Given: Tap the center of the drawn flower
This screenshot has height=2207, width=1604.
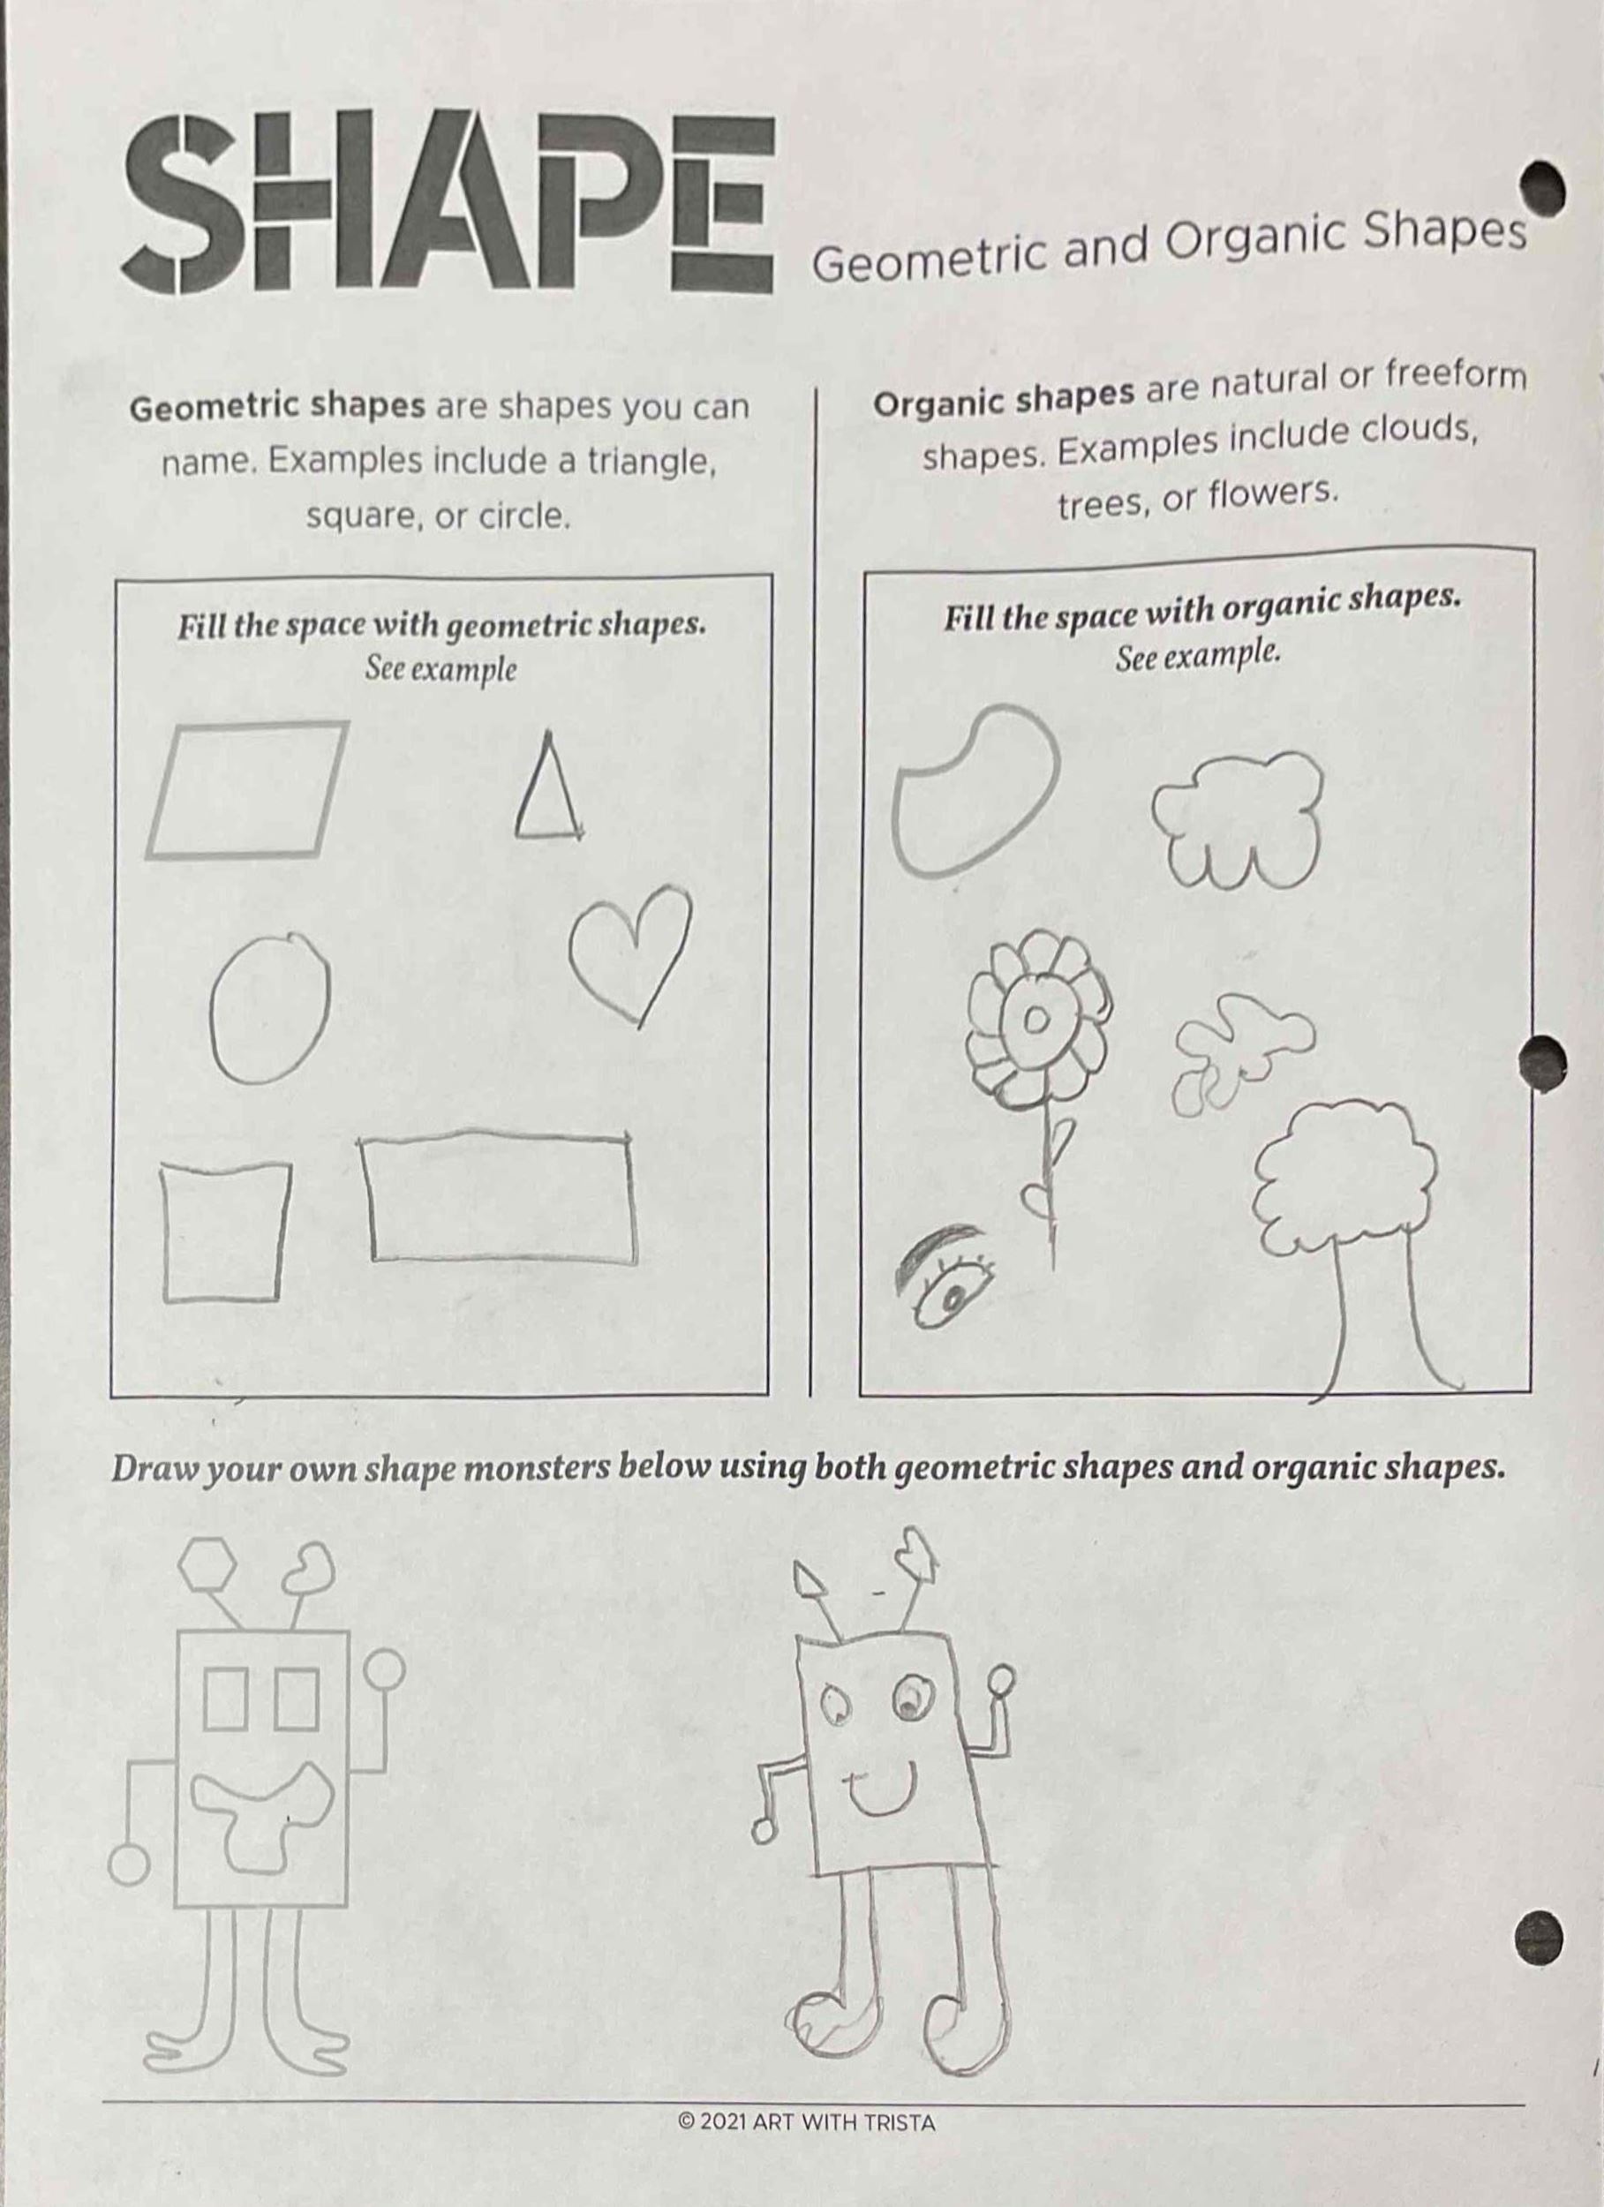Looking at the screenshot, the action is [1037, 1020].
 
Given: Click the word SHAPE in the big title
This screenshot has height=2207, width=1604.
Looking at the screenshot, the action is [448, 200].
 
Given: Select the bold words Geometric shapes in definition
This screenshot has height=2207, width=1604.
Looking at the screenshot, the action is [277, 407].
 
